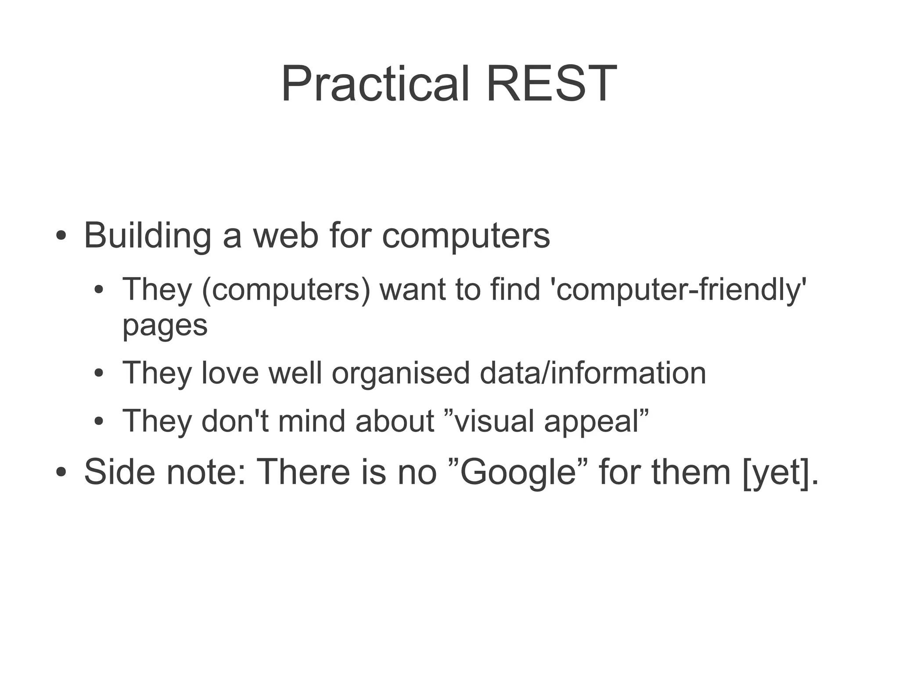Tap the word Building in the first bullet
coord(147,236)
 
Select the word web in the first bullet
coord(286,236)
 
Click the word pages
coord(165,326)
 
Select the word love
coord(230,373)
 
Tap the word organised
coord(400,373)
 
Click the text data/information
coord(593,373)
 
